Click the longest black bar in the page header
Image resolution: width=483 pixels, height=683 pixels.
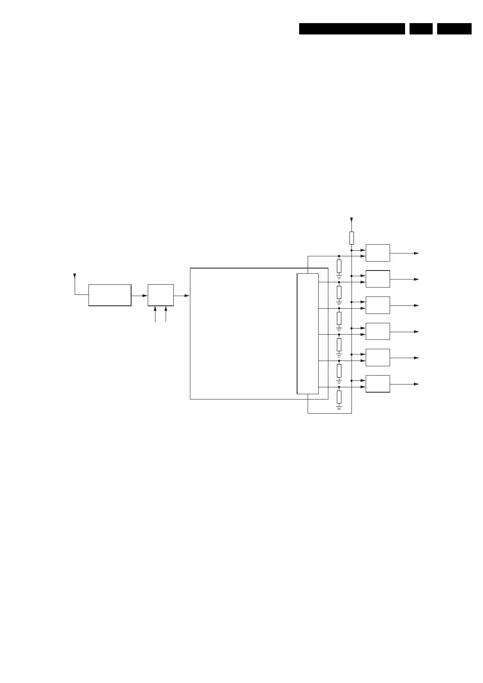pyautogui.click(x=352, y=29)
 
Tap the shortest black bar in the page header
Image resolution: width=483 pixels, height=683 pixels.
pyautogui.click(x=421, y=29)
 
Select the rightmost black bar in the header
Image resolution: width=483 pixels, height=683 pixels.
pyautogui.click(x=454, y=29)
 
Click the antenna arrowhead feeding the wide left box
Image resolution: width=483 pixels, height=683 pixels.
pyautogui.click(x=74, y=276)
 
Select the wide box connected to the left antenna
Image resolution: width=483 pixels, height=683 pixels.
pyautogui.click(x=110, y=295)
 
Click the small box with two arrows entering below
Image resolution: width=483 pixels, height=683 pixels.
pyautogui.click(x=161, y=295)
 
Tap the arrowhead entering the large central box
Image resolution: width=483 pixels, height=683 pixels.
pyautogui.click(x=187, y=296)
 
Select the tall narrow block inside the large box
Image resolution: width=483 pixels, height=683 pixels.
pyautogui.click(x=308, y=333)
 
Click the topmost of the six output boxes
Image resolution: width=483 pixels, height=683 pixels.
pyautogui.click(x=377, y=253)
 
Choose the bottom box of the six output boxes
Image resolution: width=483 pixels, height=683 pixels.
pyautogui.click(x=377, y=384)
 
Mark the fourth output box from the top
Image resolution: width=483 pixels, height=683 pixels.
pyautogui.click(x=377, y=331)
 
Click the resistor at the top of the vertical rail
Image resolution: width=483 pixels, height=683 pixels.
pyautogui.click(x=351, y=238)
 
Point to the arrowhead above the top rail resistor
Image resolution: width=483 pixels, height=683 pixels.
pyautogui.click(x=351, y=220)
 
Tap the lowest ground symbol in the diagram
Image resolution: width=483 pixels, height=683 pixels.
pyautogui.click(x=339, y=406)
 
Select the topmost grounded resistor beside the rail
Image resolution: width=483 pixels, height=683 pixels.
pyautogui.click(x=339, y=266)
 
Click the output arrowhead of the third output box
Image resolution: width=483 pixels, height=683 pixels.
pyautogui.click(x=416, y=305)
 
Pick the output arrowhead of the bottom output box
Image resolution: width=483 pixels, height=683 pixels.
pyautogui.click(x=416, y=384)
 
